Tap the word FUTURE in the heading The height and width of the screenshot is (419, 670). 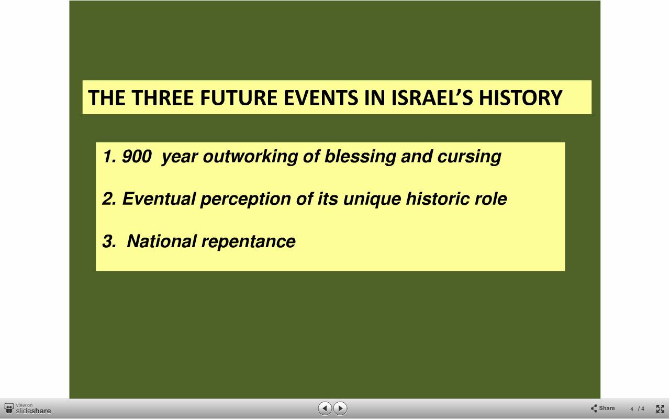(x=239, y=97)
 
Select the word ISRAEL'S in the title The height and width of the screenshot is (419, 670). (x=432, y=97)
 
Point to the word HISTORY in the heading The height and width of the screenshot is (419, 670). (x=521, y=97)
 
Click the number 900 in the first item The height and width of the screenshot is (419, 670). (x=137, y=156)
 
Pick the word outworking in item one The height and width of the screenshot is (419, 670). (x=250, y=156)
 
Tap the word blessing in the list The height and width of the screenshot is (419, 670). (x=360, y=157)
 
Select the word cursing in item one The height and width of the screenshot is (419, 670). (x=469, y=157)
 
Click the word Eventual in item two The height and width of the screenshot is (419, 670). (x=159, y=199)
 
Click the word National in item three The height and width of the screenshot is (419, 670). (x=162, y=241)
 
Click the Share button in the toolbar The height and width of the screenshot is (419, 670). (x=602, y=408)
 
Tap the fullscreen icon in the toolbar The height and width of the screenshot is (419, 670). (x=660, y=409)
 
